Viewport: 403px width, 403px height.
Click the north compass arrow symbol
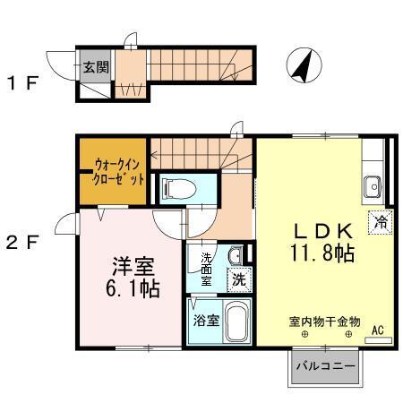point(303,67)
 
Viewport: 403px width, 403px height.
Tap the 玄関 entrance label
point(95,65)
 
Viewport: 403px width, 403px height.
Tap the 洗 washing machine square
point(239,279)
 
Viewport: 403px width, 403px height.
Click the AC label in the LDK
point(378,330)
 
